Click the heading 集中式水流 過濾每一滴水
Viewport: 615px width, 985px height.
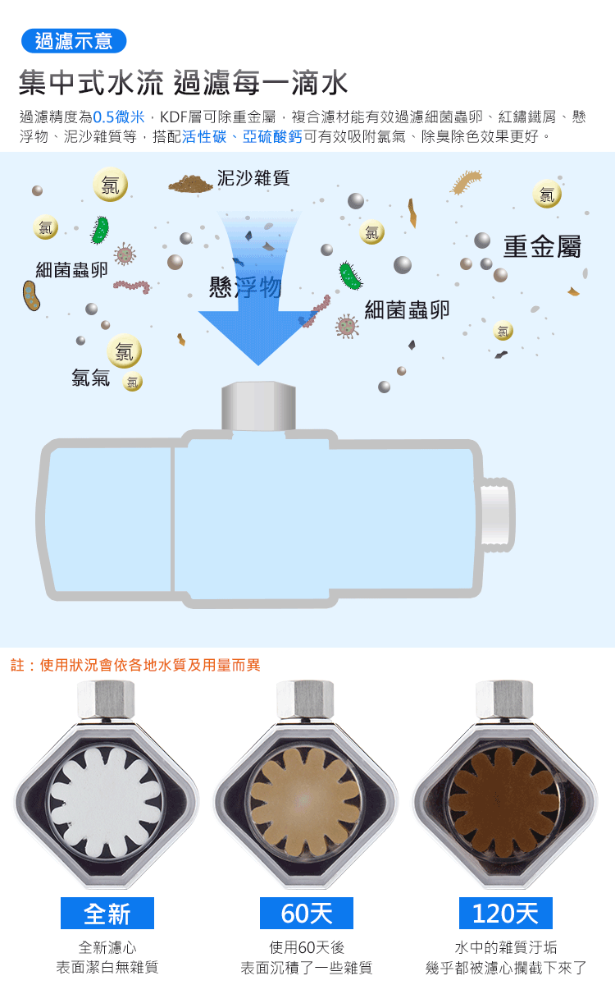[x=184, y=83]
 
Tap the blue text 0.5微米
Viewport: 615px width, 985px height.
[x=119, y=117]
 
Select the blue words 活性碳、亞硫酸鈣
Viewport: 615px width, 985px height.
[x=242, y=137]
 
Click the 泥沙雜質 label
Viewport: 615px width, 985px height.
[x=253, y=177]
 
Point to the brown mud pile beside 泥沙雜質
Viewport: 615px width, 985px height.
[x=190, y=182]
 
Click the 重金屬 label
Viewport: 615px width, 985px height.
[x=542, y=246]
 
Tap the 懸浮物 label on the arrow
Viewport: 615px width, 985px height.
[x=245, y=287]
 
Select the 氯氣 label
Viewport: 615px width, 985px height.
[x=90, y=378]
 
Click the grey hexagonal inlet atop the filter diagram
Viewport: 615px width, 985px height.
[x=257, y=405]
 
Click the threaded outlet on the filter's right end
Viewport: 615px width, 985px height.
[x=497, y=515]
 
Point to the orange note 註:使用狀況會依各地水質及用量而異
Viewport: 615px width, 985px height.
[x=135, y=665]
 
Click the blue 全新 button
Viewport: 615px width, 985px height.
[x=107, y=913]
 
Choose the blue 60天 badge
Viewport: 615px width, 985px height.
[x=307, y=913]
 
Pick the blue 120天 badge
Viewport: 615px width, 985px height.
[x=505, y=913]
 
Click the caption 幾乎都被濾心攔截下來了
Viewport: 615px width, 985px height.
[x=506, y=968]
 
